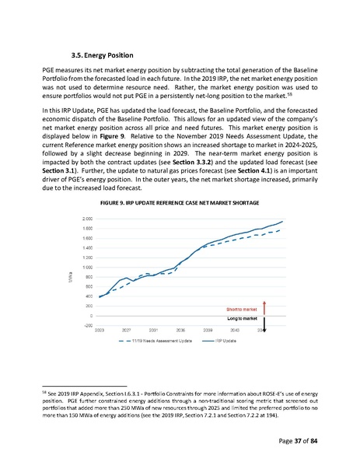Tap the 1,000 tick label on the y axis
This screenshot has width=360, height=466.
click(89, 267)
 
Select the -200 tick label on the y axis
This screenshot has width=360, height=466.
click(90, 325)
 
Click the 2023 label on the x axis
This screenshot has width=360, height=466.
click(100, 331)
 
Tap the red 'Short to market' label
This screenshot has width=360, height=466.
click(242, 309)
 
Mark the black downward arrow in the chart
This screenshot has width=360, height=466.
click(264, 324)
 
